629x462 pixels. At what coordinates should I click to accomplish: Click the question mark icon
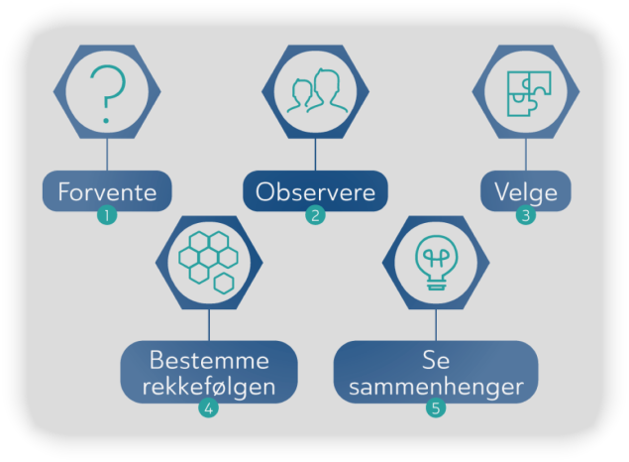coord(107,94)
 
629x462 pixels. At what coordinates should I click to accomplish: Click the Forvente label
coord(107,191)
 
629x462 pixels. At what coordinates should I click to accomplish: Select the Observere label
coord(315,191)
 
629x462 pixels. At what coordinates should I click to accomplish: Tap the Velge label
coord(526,191)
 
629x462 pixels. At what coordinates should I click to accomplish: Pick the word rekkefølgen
coord(208,385)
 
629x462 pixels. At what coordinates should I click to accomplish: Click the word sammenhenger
coord(436,385)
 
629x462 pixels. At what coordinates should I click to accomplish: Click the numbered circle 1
coord(107,214)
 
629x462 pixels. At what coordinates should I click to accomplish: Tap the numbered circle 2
coord(315,214)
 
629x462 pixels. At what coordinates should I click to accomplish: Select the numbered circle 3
coord(526,214)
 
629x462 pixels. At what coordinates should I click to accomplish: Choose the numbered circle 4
coord(208,407)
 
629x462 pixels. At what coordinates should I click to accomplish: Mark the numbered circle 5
coord(436,407)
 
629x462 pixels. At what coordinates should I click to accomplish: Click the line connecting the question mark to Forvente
coord(107,156)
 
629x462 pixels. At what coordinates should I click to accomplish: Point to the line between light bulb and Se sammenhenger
coord(436,325)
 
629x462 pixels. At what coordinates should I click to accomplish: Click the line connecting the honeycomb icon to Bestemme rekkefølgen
coord(208,325)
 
